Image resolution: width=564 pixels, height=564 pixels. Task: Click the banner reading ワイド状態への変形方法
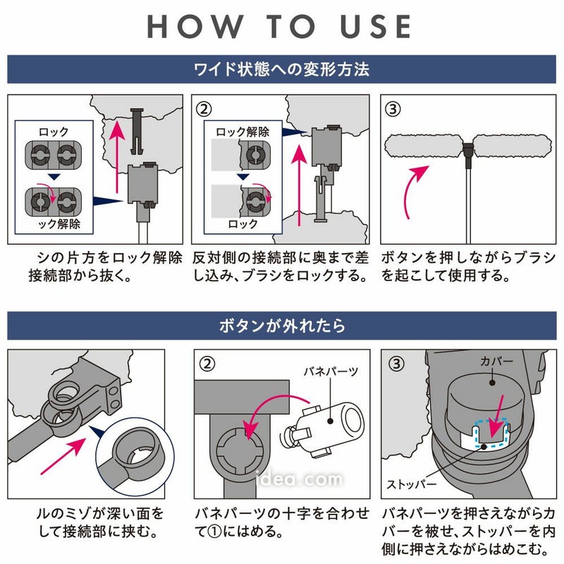coord(281,70)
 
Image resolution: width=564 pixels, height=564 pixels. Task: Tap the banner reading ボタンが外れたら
coord(281,326)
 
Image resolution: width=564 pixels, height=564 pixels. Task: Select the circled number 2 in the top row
coord(204,109)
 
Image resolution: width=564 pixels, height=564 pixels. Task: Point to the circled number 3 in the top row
coord(393,109)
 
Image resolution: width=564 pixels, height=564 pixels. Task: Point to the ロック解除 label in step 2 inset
coord(242,131)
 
